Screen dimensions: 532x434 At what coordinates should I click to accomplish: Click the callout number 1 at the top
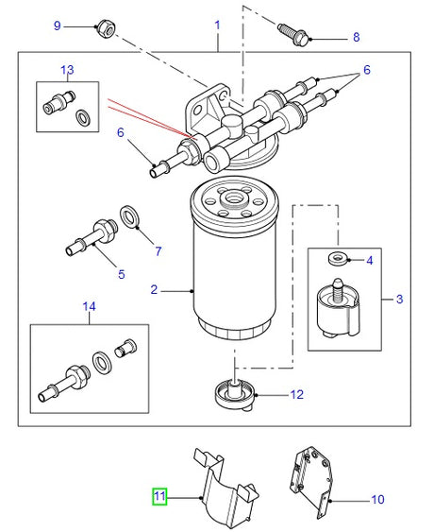pyautogui.click(x=217, y=22)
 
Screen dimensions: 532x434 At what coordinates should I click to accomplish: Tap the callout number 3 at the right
pyautogui.click(x=399, y=300)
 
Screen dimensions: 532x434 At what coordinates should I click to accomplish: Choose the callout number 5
pyautogui.click(x=121, y=275)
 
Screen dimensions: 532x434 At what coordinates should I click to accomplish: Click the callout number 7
pyautogui.click(x=158, y=250)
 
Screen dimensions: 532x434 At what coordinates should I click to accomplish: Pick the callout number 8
pyautogui.click(x=356, y=38)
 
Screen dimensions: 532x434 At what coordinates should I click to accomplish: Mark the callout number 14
pyautogui.click(x=90, y=306)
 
